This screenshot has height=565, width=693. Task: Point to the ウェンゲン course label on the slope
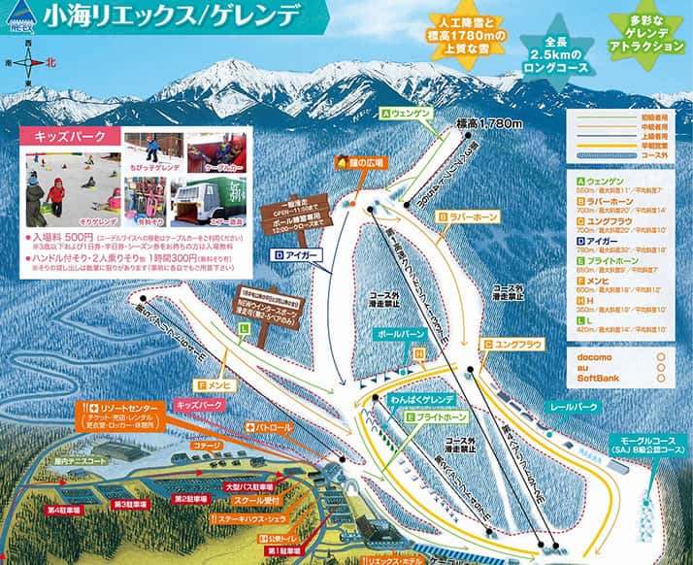(x=406, y=114)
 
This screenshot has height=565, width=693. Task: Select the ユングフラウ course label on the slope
(x=511, y=343)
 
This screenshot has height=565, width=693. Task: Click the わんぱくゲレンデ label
(x=420, y=398)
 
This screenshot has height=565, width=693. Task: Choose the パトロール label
(x=269, y=426)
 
